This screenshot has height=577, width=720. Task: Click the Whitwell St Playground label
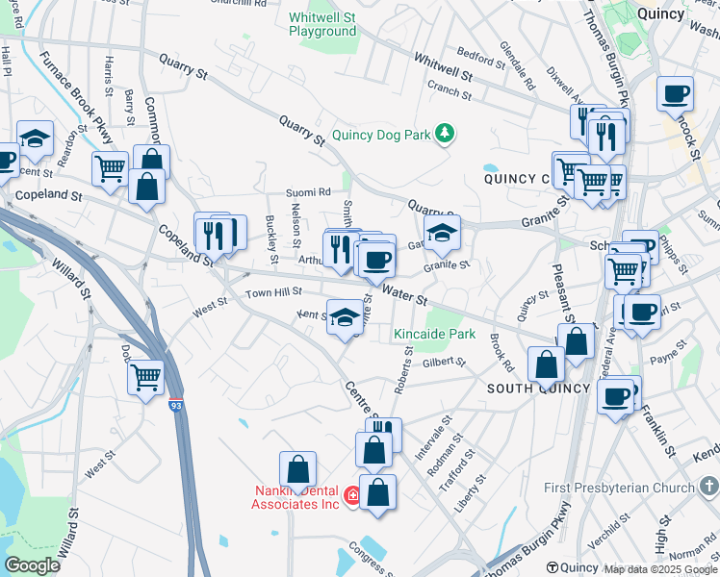(x=322, y=24)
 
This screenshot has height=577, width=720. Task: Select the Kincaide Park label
(x=434, y=335)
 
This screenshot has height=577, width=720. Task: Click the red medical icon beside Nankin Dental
(x=353, y=495)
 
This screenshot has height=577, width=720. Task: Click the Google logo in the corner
(x=32, y=565)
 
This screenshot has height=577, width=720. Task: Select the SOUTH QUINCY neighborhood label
(x=537, y=388)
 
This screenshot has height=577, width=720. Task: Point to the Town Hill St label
(x=273, y=291)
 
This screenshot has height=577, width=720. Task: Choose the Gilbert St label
(x=444, y=363)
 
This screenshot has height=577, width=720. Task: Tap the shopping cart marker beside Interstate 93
(x=145, y=376)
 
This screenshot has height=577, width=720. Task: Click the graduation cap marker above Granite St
(x=442, y=232)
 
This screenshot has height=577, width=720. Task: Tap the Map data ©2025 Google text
(x=659, y=568)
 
